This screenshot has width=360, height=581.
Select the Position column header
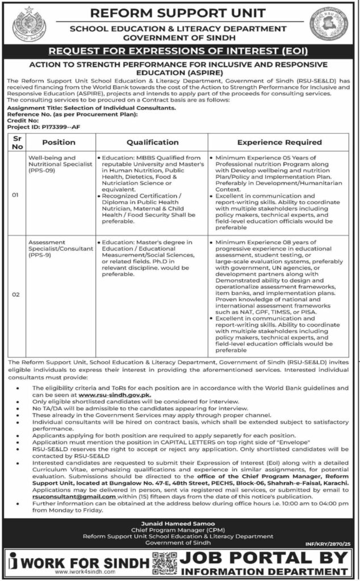58,142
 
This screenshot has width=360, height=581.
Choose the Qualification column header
152,142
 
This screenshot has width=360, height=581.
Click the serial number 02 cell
15,294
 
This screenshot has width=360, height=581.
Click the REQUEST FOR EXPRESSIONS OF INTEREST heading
179,51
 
